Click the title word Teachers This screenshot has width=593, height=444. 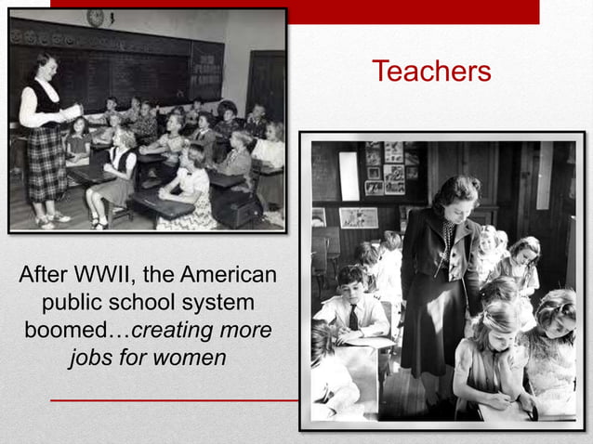(430, 72)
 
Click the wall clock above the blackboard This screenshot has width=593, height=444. (95, 18)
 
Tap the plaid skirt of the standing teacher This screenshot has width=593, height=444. (46, 162)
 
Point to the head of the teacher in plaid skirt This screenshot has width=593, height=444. (42, 65)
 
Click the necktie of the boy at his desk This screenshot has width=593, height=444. (354, 317)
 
